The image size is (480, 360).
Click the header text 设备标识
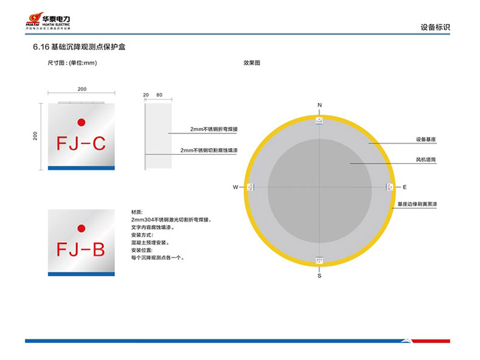point(435,27)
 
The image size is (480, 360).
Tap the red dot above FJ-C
point(81,121)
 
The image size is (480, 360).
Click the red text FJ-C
point(81,144)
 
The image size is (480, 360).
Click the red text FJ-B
point(81,249)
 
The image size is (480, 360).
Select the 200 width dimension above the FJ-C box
point(82,89)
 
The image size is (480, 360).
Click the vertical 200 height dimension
point(36,136)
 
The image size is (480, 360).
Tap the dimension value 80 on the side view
point(159,95)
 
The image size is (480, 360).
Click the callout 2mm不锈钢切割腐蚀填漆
point(209,151)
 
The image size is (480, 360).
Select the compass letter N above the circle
point(320,106)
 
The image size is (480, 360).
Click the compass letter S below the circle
point(320,276)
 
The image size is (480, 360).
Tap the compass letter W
point(235,188)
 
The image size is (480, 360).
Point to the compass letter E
point(405,188)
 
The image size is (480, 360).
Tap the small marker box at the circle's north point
point(320,121)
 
